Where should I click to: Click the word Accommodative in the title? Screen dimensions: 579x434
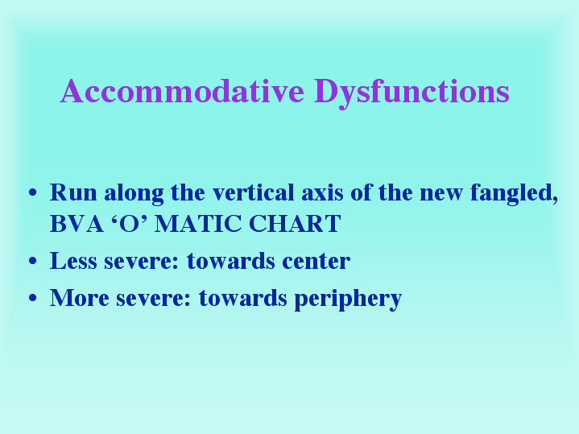pos(183,91)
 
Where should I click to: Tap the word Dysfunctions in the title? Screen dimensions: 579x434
pos(412,93)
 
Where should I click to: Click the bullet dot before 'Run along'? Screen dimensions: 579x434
pos(33,192)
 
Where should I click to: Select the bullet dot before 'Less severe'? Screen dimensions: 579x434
pos(33,261)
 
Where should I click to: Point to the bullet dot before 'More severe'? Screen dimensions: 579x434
pos(33,298)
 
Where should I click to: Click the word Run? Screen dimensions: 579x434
pos(73,192)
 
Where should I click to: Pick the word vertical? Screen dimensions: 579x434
pos(254,192)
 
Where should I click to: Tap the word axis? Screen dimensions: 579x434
pos(322,192)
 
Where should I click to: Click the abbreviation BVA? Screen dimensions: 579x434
pos(77,224)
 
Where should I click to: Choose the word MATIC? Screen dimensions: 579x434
pos(198,224)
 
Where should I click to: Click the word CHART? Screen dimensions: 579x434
pos(295,224)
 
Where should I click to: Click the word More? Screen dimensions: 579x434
pos(80,298)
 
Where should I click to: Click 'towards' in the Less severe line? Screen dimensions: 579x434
pos(231,261)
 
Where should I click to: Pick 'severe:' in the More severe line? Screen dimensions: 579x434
pos(154,299)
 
